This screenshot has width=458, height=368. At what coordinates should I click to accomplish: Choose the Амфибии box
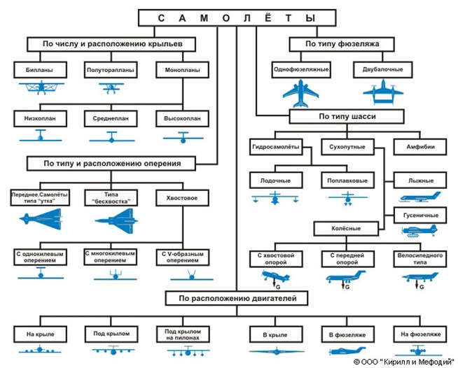tap(420, 147)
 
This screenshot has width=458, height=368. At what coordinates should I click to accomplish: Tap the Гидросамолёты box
tap(276, 147)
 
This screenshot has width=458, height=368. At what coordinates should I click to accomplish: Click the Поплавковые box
tap(347, 181)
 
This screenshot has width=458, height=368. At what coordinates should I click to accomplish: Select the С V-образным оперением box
tap(181, 256)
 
